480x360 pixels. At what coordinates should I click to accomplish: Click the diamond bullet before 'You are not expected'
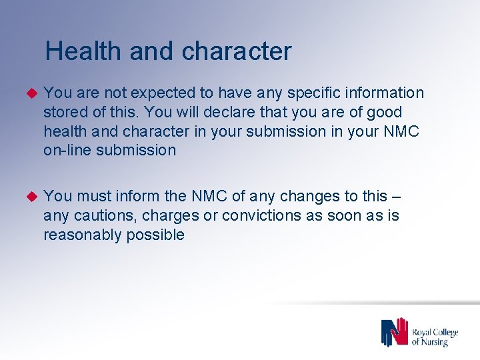pyautogui.click(x=29, y=93)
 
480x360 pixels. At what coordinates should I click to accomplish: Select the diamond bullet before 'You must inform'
pyautogui.click(x=29, y=196)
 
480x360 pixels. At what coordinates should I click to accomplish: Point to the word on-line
pyautogui.click(x=67, y=151)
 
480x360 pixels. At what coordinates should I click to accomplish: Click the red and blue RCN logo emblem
pyautogui.click(x=394, y=332)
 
